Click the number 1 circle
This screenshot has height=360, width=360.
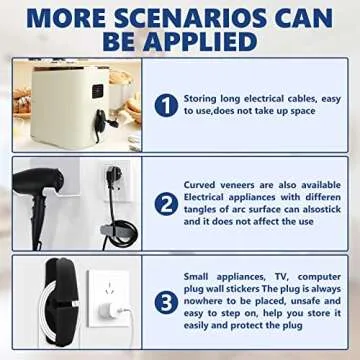(x=167, y=104)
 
